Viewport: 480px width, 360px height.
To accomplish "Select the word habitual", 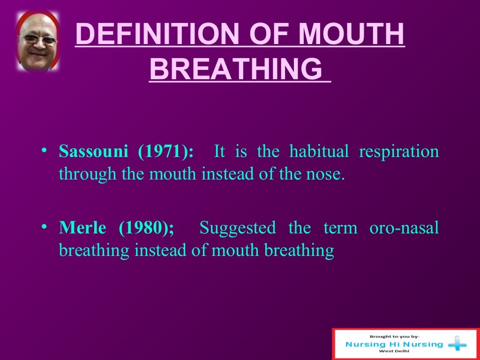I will click(x=319, y=152).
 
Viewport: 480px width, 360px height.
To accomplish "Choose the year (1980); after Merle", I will click(x=146, y=228).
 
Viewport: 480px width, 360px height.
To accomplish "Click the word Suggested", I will click(x=238, y=228).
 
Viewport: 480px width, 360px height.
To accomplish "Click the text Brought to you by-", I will click(x=394, y=336).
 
